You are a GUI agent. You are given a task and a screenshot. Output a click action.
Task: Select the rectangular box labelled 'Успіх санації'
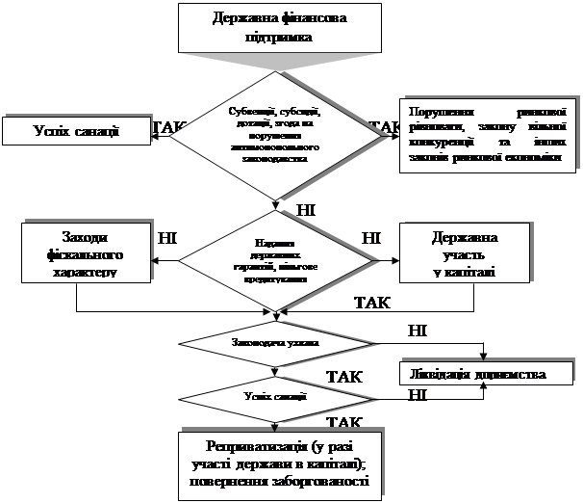pos(76,131)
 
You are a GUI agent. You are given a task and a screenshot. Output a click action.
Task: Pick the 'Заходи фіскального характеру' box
pos(87,254)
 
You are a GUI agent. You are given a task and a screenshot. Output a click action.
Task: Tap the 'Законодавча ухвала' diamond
pos(275,342)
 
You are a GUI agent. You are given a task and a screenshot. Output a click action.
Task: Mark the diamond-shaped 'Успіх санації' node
pos(275,396)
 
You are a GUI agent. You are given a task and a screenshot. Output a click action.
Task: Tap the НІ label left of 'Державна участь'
pos(371,236)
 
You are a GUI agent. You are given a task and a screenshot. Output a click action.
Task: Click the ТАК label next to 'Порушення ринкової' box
pos(385,127)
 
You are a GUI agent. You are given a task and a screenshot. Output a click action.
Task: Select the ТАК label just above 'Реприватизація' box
pos(343,422)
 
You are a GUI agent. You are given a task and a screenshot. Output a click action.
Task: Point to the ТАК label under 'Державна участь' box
pos(372,303)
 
